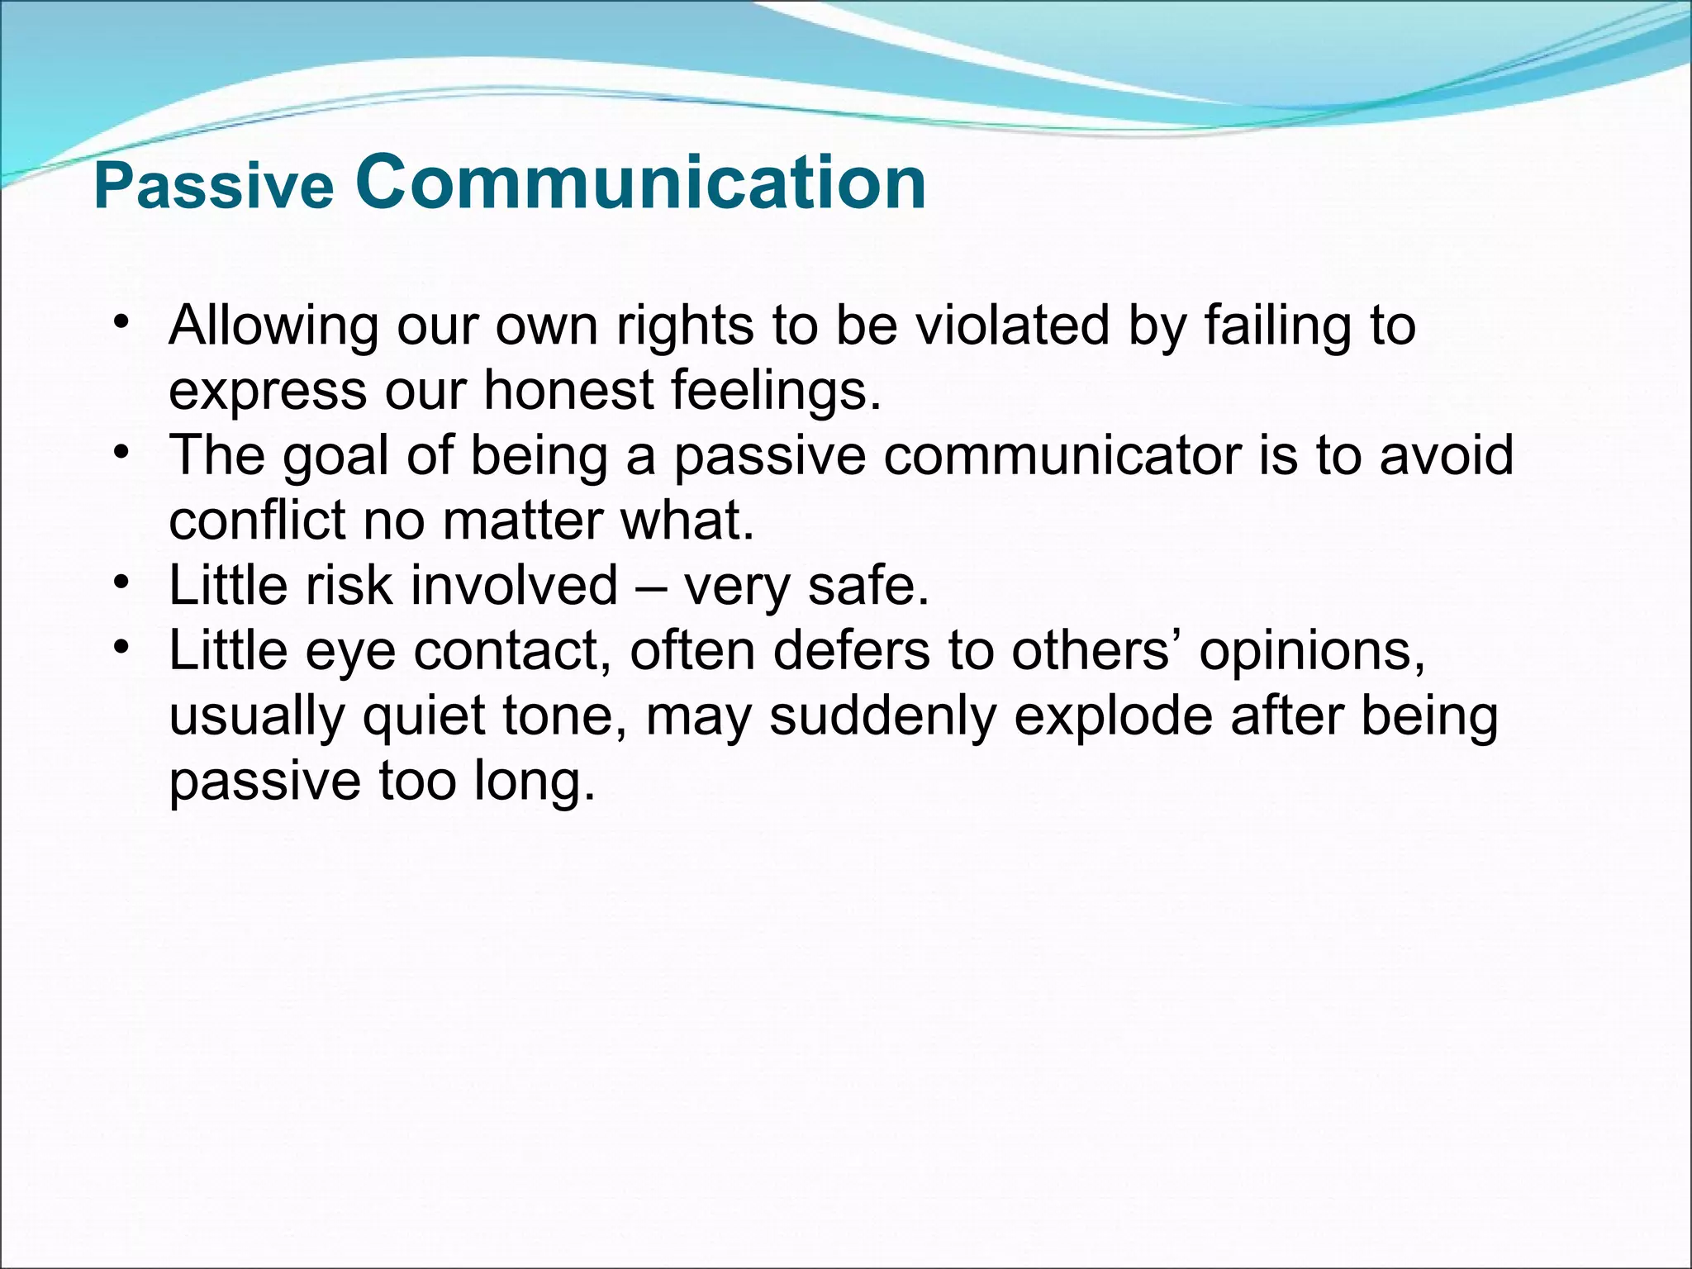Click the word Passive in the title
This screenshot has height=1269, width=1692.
[213, 187]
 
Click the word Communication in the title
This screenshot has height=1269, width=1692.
[640, 183]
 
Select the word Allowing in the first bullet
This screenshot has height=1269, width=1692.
[273, 327]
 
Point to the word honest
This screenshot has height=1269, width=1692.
[569, 390]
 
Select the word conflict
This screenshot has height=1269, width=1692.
[257, 520]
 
